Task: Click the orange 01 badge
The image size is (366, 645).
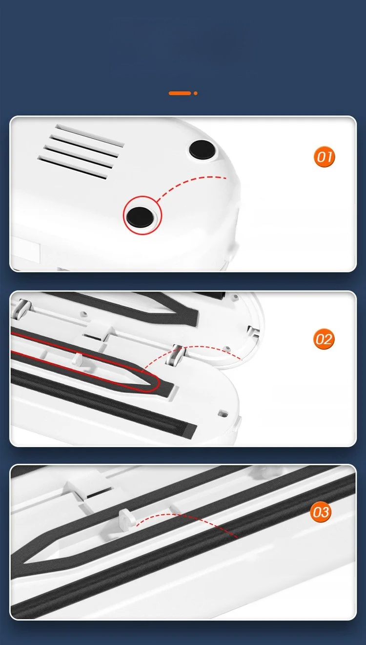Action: [325, 157]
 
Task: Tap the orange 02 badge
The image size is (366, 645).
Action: [324, 339]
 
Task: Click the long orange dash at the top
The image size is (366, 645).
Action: [180, 93]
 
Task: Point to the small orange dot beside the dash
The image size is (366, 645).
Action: [196, 93]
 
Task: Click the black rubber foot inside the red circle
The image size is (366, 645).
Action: [140, 216]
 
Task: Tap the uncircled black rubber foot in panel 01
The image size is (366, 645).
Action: [202, 149]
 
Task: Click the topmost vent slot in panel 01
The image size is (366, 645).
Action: [90, 136]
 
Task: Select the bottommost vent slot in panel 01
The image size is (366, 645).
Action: [72, 167]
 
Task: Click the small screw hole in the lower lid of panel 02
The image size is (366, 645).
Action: [223, 414]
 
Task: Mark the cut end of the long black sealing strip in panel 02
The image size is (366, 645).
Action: [190, 431]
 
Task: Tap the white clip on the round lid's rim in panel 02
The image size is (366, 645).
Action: [253, 333]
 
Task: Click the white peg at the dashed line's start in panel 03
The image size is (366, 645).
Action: [127, 520]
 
